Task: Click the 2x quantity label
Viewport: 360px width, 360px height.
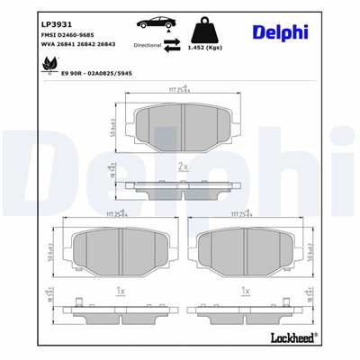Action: (183, 167)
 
